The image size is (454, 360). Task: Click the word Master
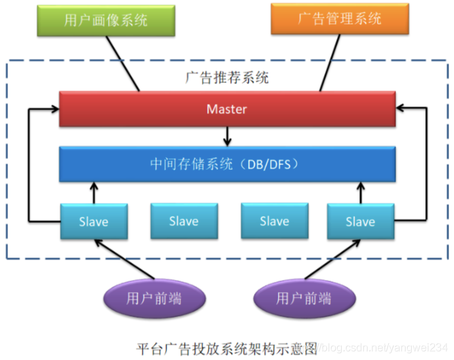[x=226, y=109]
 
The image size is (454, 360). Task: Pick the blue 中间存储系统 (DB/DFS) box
[x=226, y=164]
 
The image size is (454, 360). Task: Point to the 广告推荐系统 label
[x=226, y=77]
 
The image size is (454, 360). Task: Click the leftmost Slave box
[x=93, y=221]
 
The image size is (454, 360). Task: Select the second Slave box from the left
[x=184, y=221]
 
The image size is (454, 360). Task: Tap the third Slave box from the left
[x=274, y=221]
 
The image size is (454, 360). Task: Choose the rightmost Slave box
[x=360, y=221]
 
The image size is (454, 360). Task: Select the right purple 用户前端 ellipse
[x=304, y=298]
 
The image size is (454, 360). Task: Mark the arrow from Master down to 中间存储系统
[x=228, y=136]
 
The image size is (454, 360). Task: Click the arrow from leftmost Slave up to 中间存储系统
[x=93, y=192]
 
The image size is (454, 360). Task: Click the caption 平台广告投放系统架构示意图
[x=226, y=347]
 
